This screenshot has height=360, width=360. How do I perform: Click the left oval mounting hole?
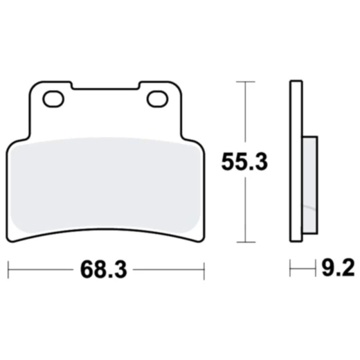click(x=54, y=100)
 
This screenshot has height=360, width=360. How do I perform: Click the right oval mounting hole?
click(x=157, y=100)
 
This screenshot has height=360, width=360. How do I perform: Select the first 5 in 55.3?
click(x=226, y=162)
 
